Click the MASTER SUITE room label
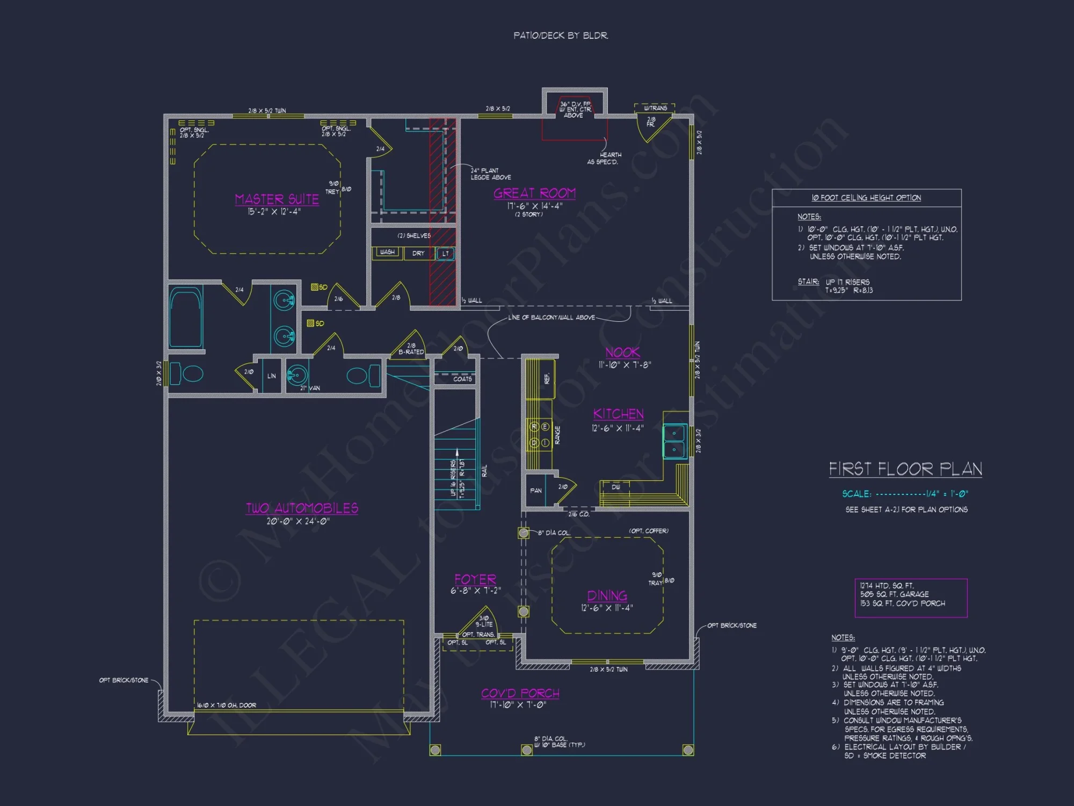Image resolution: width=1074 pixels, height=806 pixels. coord(277,199)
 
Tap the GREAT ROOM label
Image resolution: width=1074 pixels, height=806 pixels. coord(534,193)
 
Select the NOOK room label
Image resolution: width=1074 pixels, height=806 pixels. coord(622,352)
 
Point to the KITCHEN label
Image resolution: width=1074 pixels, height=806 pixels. coord(618,414)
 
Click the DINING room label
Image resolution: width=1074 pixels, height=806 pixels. coord(607,595)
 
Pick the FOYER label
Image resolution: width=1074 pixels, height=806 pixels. coord(475,579)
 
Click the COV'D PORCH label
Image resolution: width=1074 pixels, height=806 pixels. coord(520,693)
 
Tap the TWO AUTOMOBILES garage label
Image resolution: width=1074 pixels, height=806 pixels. coord(302,508)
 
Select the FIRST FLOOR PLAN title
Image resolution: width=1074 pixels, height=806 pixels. coord(905,469)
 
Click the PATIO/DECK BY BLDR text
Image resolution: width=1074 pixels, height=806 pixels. coord(561,35)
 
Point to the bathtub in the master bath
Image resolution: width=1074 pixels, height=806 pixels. coord(186,318)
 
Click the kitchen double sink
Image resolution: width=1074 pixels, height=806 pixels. coord(674,441)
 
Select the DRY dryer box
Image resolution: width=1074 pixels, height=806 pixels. coord(418,253)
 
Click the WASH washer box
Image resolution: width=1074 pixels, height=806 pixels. coord(387,252)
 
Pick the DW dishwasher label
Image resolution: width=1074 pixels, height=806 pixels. coord(616,487)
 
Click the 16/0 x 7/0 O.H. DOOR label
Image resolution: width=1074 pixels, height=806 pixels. coord(227,705)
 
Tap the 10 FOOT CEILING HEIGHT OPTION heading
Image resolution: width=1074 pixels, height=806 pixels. coord(866,198)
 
